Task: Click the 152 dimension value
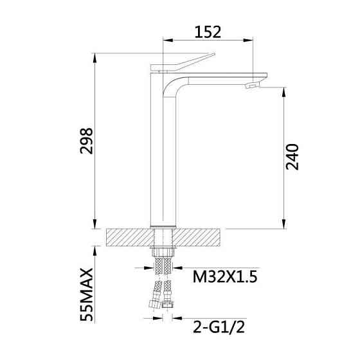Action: click(208, 32)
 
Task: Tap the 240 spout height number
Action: click(292, 157)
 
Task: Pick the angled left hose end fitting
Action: click(156, 303)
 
